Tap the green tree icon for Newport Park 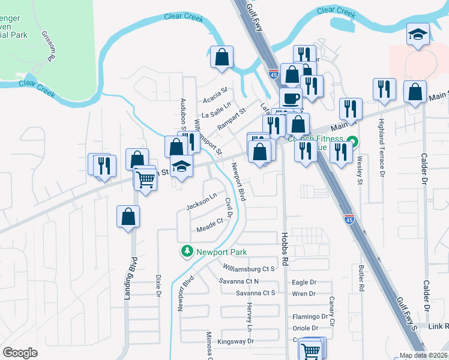[x=188, y=251]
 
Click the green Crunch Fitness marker [x=354, y=142]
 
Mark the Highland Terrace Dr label [x=382, y=139]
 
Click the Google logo [x=20, y=353]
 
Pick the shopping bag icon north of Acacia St [x=222, y=58]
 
